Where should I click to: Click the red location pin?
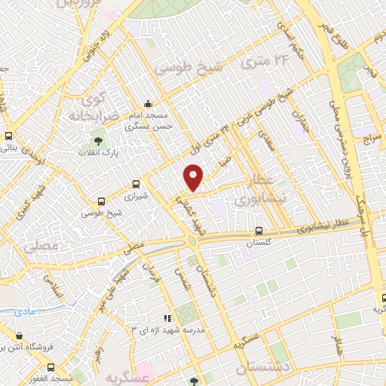point(195,177)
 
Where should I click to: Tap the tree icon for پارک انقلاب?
point(97,140)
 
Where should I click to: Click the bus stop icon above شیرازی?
point(136,183)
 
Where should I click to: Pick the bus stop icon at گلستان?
point(259,231)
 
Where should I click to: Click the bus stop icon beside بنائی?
point(8,137)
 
